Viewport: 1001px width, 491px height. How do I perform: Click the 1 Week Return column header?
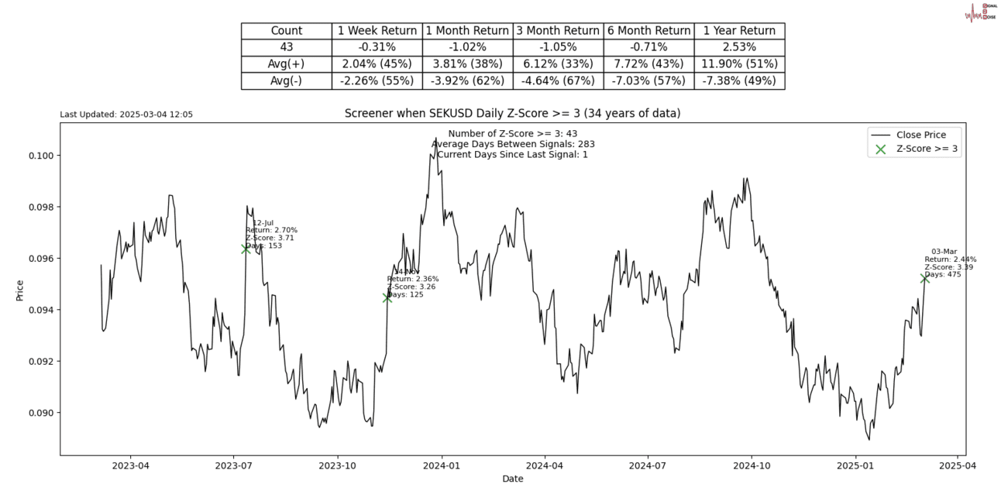(x=377, y=31)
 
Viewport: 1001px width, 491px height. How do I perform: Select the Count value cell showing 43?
(x=286, y=47)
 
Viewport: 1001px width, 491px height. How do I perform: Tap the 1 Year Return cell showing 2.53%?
(x=739, y=47)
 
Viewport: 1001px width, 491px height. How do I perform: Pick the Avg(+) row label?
(x=286, y=64)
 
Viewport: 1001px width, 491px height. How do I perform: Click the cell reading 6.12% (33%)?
(x=558, y=64)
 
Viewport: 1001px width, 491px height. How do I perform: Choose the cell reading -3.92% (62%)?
(x=468, y=81)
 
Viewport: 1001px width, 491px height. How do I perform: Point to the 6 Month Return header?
(x=648, y=31)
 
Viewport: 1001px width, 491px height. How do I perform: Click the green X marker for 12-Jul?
(x=246, y=249)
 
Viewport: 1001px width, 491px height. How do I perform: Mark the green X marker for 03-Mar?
(x=924, y=278)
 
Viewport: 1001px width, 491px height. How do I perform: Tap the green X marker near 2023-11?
(x=387, y=297)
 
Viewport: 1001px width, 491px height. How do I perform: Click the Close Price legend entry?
(x=928, y=135)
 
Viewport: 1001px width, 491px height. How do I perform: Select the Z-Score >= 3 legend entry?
(x=927, y=149)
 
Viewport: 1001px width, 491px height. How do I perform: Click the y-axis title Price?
(x=20, y=290)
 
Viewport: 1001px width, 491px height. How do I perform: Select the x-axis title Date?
(x=512, y=479)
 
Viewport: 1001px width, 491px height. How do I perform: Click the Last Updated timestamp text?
(x=126, y=115)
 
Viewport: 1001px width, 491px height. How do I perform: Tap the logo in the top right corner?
(x=979, y=12)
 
